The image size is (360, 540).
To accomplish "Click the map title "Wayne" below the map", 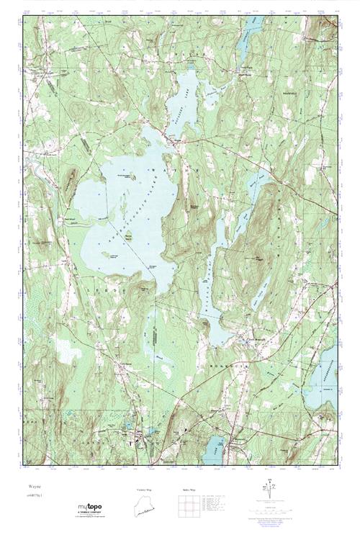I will pyautogui.click(x=33, y=487).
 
